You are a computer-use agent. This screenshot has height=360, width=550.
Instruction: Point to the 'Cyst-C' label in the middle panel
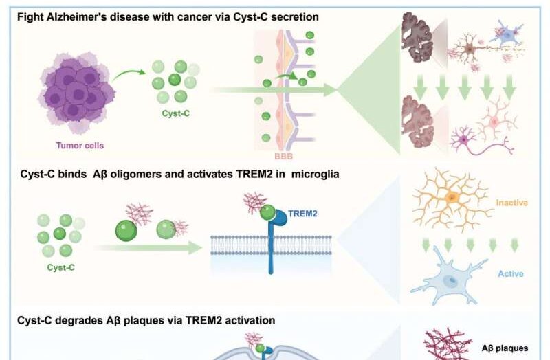[62, 267]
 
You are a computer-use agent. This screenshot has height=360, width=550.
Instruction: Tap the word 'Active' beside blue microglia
[510, 274]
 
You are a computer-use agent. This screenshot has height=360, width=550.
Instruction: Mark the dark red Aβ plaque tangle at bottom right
[443, 344]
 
